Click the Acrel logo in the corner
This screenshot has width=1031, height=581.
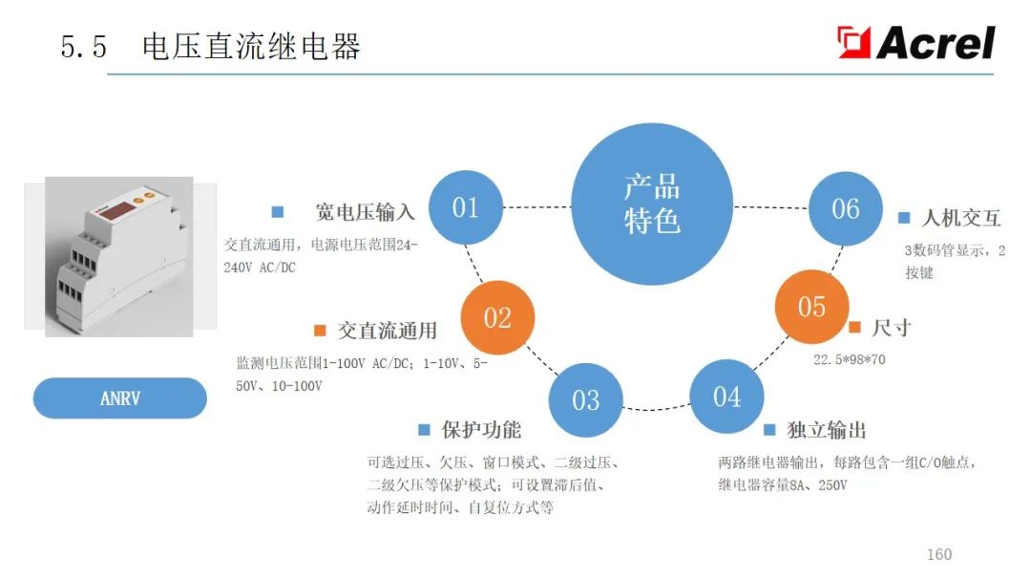click(x=916, y=42)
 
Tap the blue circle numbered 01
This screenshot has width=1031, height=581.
click(x=465, y=207)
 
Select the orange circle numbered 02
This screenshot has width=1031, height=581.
click(x=497, y=318)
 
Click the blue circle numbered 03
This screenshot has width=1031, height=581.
click(x=585, y=400)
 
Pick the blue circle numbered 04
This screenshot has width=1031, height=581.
click(x=726, y=397)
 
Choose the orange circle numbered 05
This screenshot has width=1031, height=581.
click(x=811, y=307)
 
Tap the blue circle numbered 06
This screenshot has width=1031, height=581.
click(x=846, y=208)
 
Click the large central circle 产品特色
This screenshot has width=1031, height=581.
click(x=652, y=204)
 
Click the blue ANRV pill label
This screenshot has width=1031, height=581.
click(x=120, y=398)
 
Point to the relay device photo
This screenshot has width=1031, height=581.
click(x=119, y=256)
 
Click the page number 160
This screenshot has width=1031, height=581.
click(x=939, y=554)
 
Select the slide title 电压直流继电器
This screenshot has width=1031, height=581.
click(x=251, y=47)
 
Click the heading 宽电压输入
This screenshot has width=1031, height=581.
click(x=365, y=212)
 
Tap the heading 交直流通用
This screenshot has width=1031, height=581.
click(x=387, y=331)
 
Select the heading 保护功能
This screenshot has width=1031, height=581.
click(x=481, y=430)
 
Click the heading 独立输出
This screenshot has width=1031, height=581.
click(x=827, y=430)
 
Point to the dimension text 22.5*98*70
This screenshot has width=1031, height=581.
click(x=849, y=360)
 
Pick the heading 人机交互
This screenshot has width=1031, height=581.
click(x=960, y=218)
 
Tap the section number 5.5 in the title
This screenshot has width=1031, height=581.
click(x=84, y=47)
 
